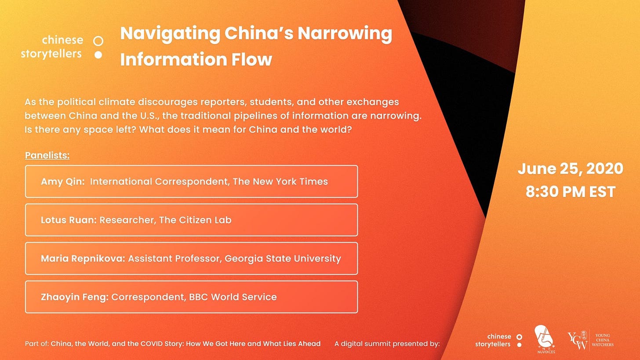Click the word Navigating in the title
(170, 34)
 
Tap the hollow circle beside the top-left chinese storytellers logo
(98, 41)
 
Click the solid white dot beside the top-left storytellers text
(98, 55)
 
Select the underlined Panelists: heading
(47, 156)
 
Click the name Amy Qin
(62, 182)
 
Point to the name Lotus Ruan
(69, 220)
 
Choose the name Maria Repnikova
(83, 258)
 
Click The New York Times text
(280, 182)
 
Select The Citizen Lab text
(195, 220)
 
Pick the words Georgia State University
(283, 258)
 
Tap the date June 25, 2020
(570, 169)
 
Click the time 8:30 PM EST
(570, 192)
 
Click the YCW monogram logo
(577, 340)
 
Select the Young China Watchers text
(603, 340)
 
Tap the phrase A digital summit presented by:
(387, 344)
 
